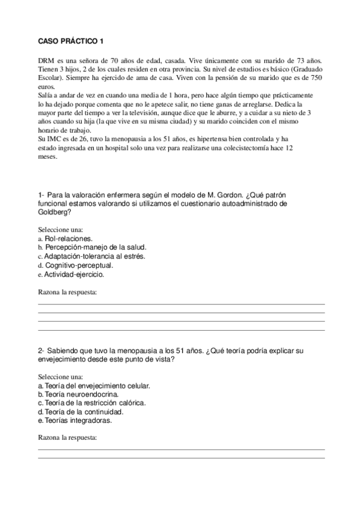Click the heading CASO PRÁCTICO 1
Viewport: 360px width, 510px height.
coord(70,41)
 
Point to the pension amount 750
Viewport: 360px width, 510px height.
coord(316,79)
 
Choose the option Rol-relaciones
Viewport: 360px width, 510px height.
coord(69,239)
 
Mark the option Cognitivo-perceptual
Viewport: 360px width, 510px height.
coord(79,265)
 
